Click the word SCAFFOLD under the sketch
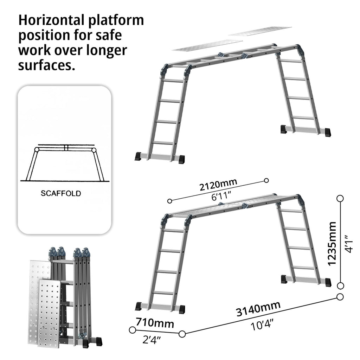pos(61,193)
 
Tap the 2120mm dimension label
pos(218,184)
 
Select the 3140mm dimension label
pos(258,309)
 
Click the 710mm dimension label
pos(155,322)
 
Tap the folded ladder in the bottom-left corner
pos(76,297)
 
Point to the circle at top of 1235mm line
pos(340,199)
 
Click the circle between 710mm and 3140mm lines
pos(182,334)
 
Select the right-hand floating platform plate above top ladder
pos(260,31)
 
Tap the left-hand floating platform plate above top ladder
pos(207,45)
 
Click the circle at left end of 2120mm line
pos(170,201)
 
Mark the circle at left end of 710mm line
pos(132,330)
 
